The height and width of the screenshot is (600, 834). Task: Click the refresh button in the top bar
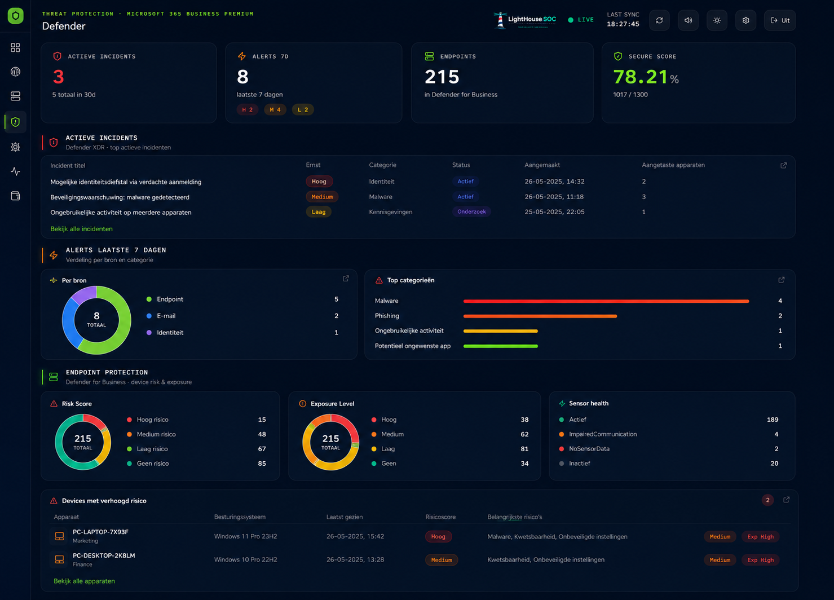pyautogui.click(x=659, y=20)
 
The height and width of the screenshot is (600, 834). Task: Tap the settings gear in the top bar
pyautogui.click(x=745, y=20)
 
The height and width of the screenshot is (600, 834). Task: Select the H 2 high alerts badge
pyautogui.click(x=247, y=109)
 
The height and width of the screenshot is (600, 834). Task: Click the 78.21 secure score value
pyautogui.click(x=640, y=77)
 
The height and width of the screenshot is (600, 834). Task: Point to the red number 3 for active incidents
pyautogui.click(x=59, y=77)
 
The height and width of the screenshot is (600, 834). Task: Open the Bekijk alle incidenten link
pyautogui.click(x=82, y=229)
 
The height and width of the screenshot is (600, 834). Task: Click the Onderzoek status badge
pyautogui.click(x=471, y=211)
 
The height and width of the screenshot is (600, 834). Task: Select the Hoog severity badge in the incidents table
pyautogui.click(x=319, y=182)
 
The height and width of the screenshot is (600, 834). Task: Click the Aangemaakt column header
pyautogui.click(x=542, y=165)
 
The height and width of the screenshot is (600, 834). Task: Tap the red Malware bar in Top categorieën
pyautogui.click(x=606, y=301)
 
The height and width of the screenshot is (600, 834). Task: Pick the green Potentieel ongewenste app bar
pyautogui.click(x=500, y=346)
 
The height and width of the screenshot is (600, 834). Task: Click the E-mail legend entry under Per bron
pyautogui.click(x=166, y=316)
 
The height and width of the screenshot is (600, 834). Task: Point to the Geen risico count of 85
pyautogui.click(x=262, y=464)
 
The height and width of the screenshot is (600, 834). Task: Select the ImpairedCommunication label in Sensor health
pyautogui.click(x=603, y=434)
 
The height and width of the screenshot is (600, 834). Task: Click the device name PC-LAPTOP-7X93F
pyautogui.click(x=100, y=531)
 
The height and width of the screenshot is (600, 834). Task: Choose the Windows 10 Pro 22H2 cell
pyautogui.click(x=246, y=559)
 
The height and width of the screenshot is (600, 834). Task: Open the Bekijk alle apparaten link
pyautogui.click(x=84, y=581)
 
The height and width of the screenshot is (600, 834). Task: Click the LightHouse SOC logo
pyautogui.click(x=525, y=20)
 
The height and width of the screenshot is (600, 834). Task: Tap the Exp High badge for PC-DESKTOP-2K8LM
pyautogui.click(x=760, y=560)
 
